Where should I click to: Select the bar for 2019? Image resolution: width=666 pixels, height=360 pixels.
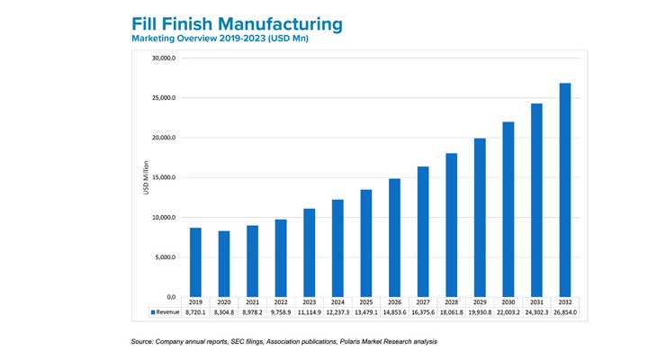(x=195, y=262)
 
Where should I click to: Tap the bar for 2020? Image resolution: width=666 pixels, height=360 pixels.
(x=224, y=264)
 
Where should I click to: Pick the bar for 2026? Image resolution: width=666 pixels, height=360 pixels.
(x=395, y=238)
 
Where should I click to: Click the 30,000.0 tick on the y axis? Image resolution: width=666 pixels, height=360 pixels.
(x=164, y=58)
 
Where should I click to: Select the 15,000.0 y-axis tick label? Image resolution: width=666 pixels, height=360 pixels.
(x=164, y=178)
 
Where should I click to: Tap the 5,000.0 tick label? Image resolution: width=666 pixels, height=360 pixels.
(x=166, y=257)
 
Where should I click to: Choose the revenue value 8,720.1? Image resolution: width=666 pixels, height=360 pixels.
(x=195, y=312)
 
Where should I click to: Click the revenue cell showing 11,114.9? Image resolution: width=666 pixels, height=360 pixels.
(x=310, y=312)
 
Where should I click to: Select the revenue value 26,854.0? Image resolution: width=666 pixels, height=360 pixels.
(x=565, y=312)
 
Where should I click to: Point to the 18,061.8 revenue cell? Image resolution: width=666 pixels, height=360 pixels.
(x=452, y=312)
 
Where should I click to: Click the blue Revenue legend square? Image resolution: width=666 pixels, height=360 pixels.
(x=152, y=312)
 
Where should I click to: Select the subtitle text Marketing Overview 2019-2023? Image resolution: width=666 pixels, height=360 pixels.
(x=206, y=40)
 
